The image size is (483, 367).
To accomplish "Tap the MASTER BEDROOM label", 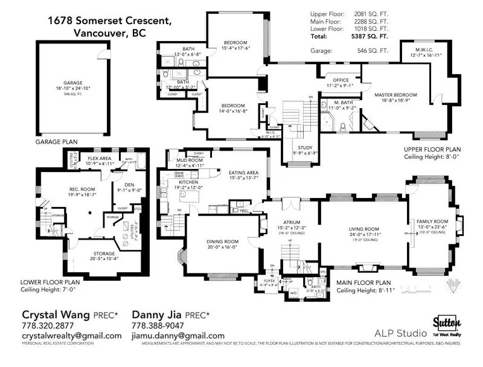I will (395, 95).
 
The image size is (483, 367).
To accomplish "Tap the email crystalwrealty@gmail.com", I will (71, 336).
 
